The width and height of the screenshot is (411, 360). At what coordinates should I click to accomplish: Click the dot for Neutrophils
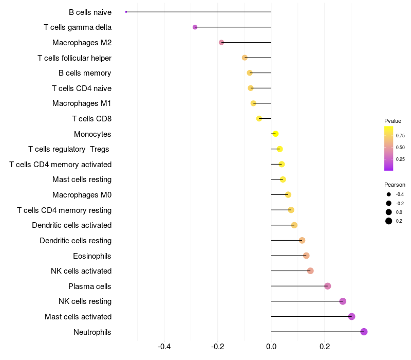click(364, 332)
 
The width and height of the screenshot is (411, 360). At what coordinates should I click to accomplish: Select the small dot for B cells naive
click(126, 12)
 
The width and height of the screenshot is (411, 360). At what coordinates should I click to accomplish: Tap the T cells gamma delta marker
click(195, 27)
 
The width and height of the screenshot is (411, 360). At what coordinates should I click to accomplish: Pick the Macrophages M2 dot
click(221, 42)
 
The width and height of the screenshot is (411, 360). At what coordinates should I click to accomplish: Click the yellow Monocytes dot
click(275, 134)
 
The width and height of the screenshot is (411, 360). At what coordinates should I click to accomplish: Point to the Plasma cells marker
click(328, 286)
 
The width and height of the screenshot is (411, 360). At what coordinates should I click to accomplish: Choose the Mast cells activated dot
click(351, 316)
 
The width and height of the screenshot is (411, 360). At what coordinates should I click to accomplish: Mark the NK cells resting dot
click(343, 301)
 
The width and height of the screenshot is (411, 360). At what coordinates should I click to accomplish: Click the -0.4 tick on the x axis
click(164, 347)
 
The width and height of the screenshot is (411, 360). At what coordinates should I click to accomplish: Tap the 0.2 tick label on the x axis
click(325, 347)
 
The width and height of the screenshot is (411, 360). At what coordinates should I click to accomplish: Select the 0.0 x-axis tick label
click(271, 347)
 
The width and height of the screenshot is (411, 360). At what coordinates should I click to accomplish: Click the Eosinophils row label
click(92, 256)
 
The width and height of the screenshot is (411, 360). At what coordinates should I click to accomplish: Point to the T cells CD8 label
click(91, 119)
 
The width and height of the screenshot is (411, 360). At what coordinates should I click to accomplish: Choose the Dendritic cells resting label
click(76, 241)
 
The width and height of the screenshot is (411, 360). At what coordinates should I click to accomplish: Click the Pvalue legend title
click(393, 121)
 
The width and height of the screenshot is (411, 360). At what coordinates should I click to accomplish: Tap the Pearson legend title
click(395, 185)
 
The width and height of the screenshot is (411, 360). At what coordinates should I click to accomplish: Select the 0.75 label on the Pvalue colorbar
click(400, 136)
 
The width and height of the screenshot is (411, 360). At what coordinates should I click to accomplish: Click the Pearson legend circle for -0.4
click(389, 194)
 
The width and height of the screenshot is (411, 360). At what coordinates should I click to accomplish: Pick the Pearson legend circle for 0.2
click(389, 221)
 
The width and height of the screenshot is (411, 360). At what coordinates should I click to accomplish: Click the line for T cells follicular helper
click(258, 58)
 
